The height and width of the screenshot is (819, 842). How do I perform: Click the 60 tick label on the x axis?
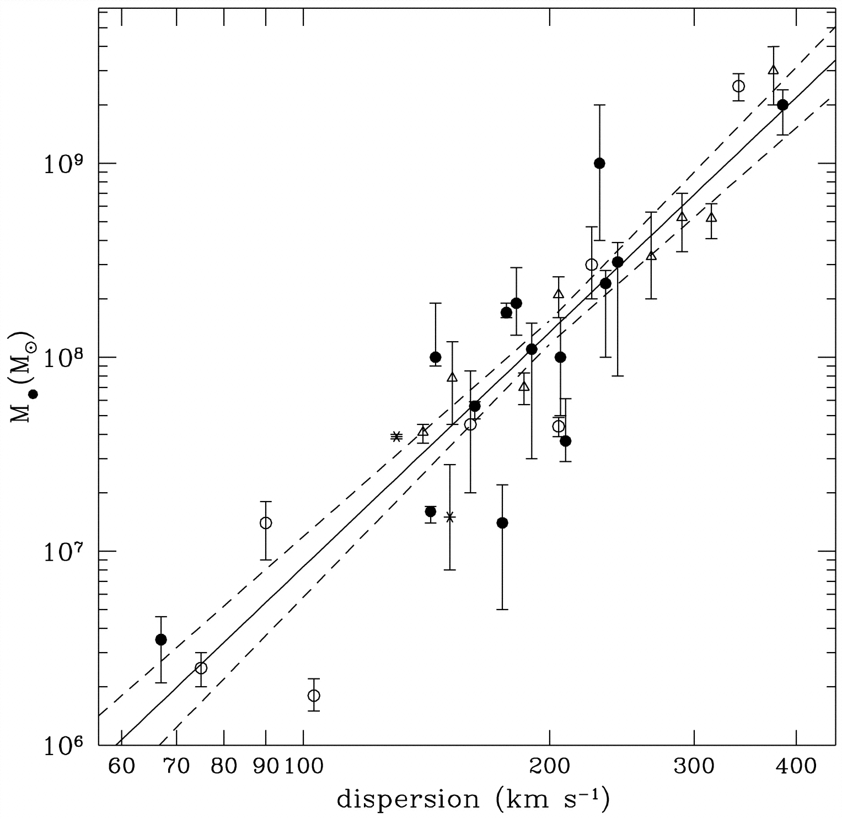pyautogui.click(x=121, y=767)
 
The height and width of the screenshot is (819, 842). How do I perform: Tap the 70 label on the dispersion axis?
pyautogui.click(x=176, y=767)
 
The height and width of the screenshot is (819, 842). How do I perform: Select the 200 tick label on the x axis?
pyautogui.click(x=549, y=767)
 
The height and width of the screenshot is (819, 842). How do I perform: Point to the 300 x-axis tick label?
pyautogui.click(x=694, y=767)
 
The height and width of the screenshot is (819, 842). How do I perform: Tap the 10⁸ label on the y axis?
pyautogui.click(x=63, y=357)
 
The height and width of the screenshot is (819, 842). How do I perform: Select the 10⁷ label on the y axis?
pyautogui.click(x=63, y=551)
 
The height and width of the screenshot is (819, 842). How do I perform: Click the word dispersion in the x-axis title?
pyautogui.click(x=408, y=800)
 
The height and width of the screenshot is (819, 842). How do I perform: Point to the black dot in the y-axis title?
pyautogui.click(x=33, y=394)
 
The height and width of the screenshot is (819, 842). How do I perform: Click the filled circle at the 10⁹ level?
pyautogui.click(x=599, y=163)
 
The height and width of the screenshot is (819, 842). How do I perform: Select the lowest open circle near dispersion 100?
pyautogui.click(x=314, y=695)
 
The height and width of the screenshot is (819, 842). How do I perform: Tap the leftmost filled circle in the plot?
pyautogui.click(x=161, y=639)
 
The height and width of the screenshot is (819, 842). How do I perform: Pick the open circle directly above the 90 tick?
pyautogui.click(x=266, y=522)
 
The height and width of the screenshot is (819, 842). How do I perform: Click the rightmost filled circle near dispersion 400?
pyautogui.click(x=782, y=105)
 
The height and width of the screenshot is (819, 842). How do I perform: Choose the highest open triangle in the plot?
pyautogui.click(x=774, y=70)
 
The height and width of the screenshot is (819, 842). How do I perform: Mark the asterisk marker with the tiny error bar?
pyautogui.click(x=396, y=437)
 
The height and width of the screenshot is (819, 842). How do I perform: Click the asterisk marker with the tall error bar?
pyautogui.click(x=450, y=517)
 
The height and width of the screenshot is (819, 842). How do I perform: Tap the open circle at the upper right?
pyautogui.click(x=738, y=86)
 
